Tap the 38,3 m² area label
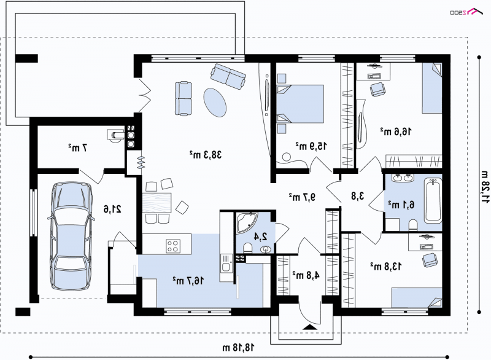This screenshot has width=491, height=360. (x=206, y=154)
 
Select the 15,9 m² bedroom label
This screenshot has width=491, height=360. (x=311, y=146)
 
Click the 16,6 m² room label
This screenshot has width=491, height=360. (x=396, y=131)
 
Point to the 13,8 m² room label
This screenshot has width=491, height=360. (x=386, y=267)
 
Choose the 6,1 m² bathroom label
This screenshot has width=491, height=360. (x=401, y=205)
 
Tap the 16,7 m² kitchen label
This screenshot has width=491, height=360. (x=188, y=280)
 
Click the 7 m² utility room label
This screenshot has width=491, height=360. (x=78, y=147)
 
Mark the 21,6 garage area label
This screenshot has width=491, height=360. (x=113, y=209)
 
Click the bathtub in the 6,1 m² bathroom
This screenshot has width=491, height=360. (x=433, y=200)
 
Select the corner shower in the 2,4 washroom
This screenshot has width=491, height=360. (x=247, y=225)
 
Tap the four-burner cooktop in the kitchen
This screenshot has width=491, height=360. (x=173, y=246)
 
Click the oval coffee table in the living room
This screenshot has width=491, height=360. (x=215, y=103)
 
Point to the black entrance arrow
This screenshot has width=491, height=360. (x=311, y=327)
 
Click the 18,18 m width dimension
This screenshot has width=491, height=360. (x=239, y=348)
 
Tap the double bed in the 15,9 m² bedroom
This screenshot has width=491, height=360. (x=300, y=104)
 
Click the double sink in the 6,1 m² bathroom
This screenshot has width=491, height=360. (x=403, y=178)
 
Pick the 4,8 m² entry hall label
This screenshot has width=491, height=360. (x=306, y=275)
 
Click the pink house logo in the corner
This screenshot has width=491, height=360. (x=474, y=12)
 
